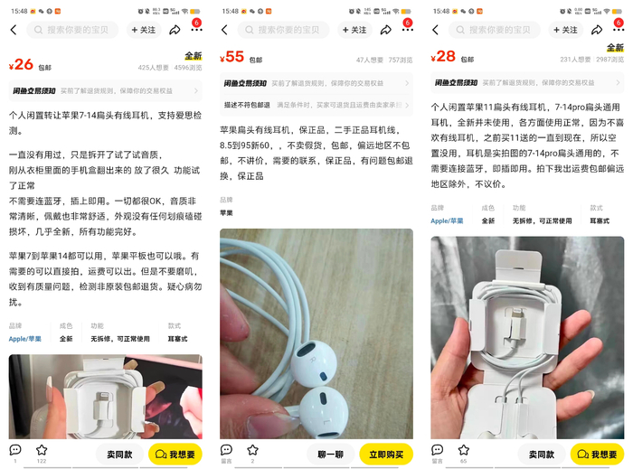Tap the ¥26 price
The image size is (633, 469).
(x=21, y=64)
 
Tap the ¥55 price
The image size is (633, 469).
(x=232, y=57)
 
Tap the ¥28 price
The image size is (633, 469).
(x=443, y=57)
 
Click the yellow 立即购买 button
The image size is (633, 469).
(x=385, y=454)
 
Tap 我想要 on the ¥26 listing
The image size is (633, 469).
(x=175, y=454)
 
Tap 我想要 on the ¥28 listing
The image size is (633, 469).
(x=597, y=454)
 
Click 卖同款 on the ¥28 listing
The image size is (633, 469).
(x=542, y=454)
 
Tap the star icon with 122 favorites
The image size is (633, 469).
(x=42, y=450)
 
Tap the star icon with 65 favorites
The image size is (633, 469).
(x=463, y=450)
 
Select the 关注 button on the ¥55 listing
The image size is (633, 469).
(x=354, y=30)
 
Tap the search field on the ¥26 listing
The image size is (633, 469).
(x=75, y=30)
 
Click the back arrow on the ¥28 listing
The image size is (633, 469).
(x=435, y=30)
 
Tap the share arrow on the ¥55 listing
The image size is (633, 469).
(x=385, y=30)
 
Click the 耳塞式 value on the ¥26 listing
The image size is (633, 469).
(x=176, y=339)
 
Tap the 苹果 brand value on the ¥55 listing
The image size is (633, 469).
(x=227, y=212)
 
